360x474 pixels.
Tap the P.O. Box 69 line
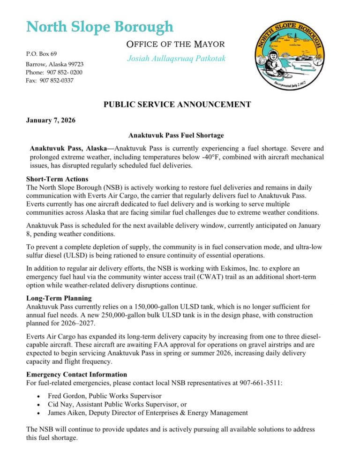pos(42,54)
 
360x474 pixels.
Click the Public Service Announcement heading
pos(177,105)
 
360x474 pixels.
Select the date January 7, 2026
pos(51,120)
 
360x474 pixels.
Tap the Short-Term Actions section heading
pos(57,179)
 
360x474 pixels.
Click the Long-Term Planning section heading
pos(59,298)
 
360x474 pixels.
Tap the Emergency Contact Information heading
pos(76,375)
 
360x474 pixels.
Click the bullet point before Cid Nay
pos(38,405)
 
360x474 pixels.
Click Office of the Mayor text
pos(176,45)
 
